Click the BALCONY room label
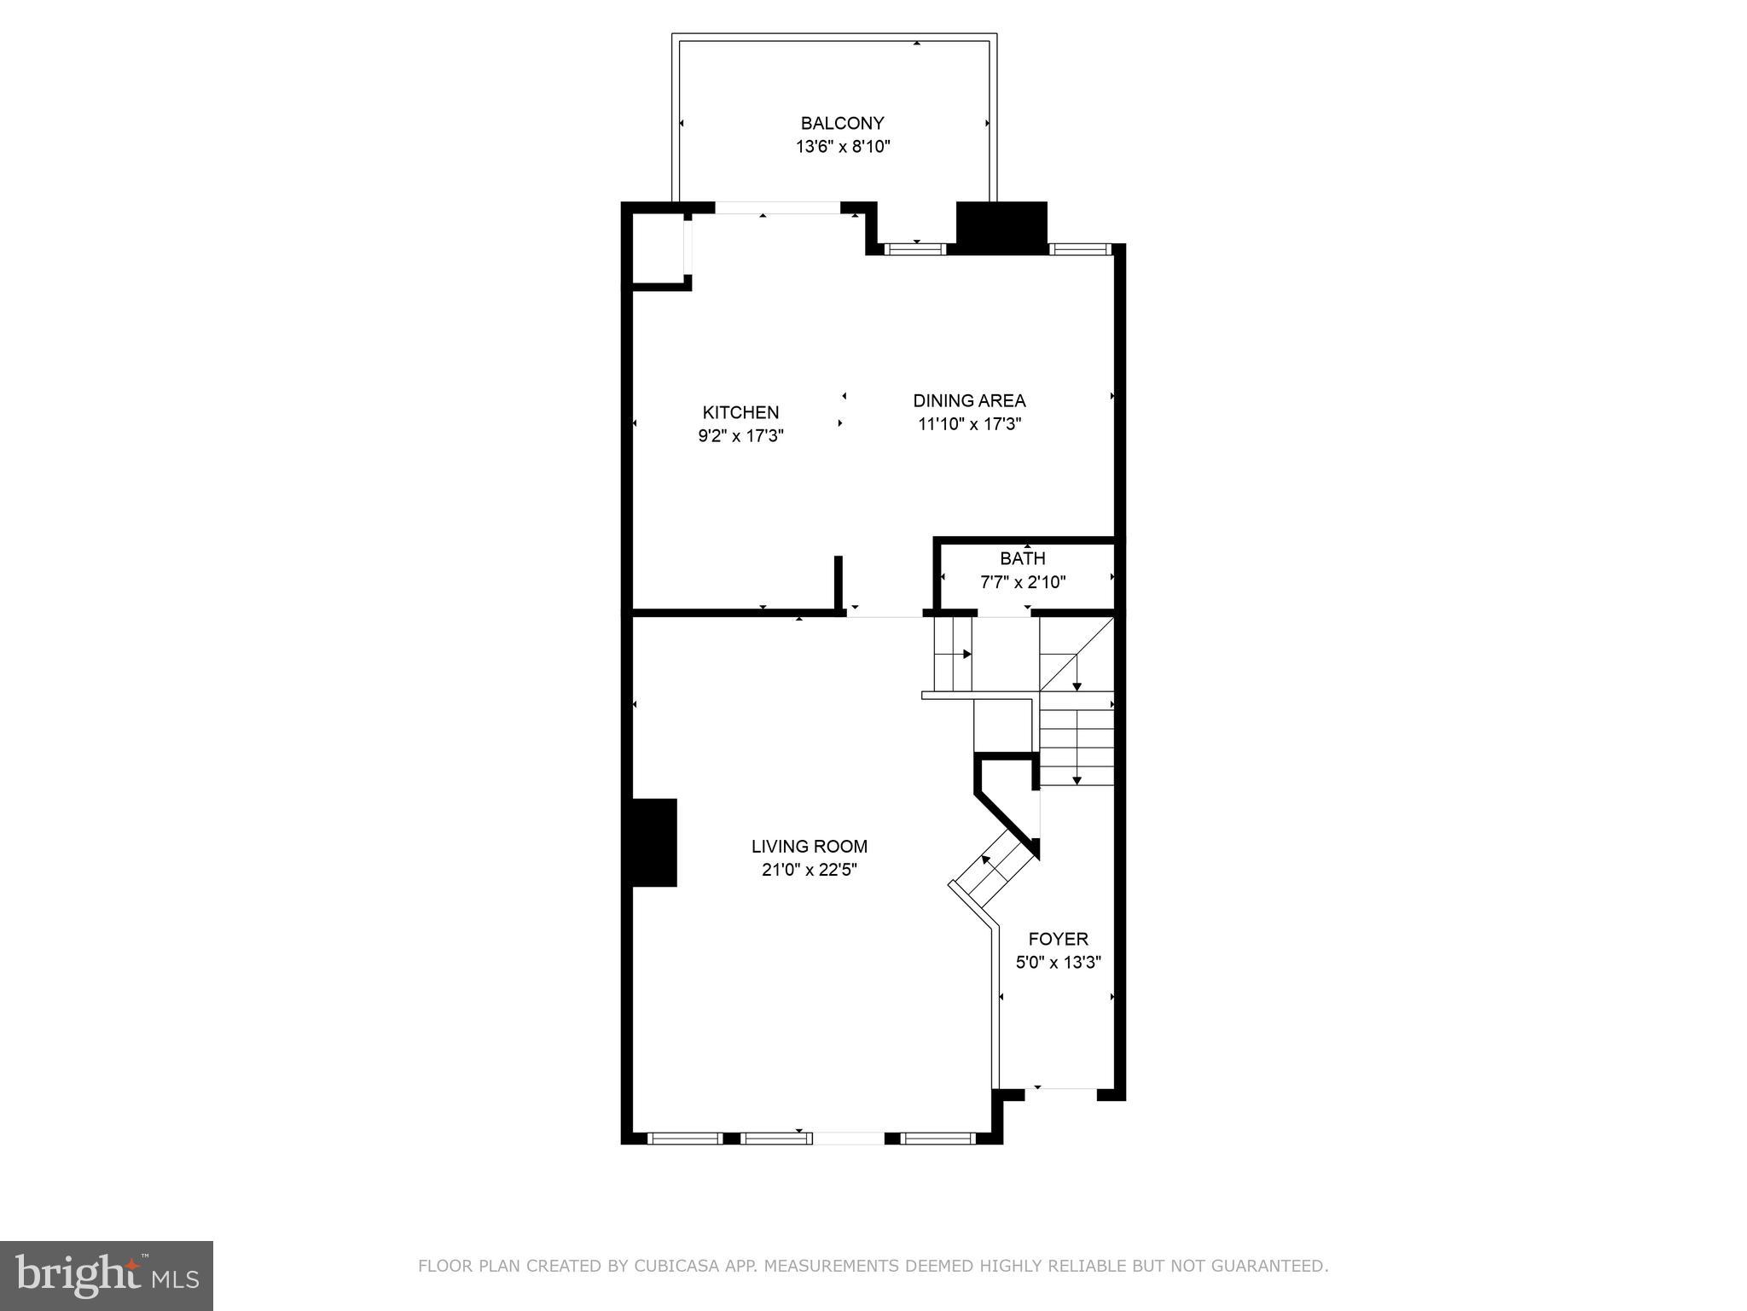coord(842,123)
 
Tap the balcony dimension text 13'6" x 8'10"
coord(843,147)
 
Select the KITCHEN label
coord(740,412)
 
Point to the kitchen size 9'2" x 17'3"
coord(740,436)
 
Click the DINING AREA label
coord(969,400)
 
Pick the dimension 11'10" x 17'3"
coord(969,424)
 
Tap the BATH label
coord(1022,558)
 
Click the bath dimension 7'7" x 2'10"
coord(1022,582)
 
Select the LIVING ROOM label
coord(809,847)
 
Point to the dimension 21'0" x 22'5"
coord(809,871)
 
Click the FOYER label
coord(1058,939)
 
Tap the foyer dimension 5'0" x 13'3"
coord(1058,963)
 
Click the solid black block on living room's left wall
coord(653,842)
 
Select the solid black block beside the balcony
coord(1001,227)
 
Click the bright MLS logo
coord(106,1276)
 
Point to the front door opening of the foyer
coord(1060,1089)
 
